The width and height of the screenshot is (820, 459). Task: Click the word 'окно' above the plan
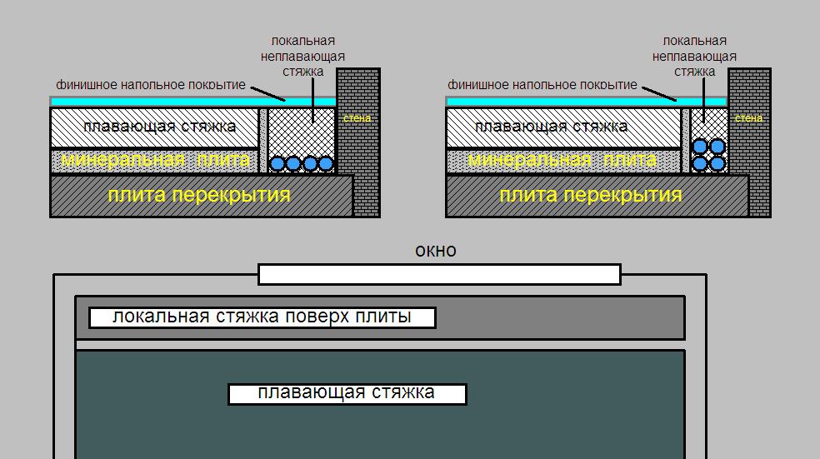[435, 251]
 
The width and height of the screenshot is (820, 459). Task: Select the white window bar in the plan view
[439, 274]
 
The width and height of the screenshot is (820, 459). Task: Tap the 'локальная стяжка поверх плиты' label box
[262, 317]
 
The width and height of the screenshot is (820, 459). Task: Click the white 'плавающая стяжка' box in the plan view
[347, 393]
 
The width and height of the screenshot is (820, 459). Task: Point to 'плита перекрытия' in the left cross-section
[199, 196]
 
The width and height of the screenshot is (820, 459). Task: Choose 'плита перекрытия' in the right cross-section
[591, 196]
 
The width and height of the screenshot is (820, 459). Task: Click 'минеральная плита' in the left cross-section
[156, 160]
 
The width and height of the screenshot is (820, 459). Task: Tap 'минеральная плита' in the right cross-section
[549, 160]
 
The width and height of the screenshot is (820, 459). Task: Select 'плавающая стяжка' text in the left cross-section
[160, 127]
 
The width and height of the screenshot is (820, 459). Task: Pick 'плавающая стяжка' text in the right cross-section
[552, 127]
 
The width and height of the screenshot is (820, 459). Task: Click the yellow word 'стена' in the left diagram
[357, 118]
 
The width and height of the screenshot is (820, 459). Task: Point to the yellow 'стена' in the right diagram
[749, 118]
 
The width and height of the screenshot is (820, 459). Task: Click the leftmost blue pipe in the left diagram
[277, 164]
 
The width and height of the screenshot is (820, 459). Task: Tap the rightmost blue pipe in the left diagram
[326, 164]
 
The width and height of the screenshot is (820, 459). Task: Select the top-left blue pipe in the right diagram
[701, 147]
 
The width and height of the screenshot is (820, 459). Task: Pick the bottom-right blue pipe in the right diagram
[717, 163]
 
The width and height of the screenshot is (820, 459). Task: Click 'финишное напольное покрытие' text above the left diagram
[151, 85]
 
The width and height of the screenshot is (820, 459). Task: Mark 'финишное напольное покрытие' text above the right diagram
[542, 85]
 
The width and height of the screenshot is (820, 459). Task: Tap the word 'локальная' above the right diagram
[694, 41]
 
